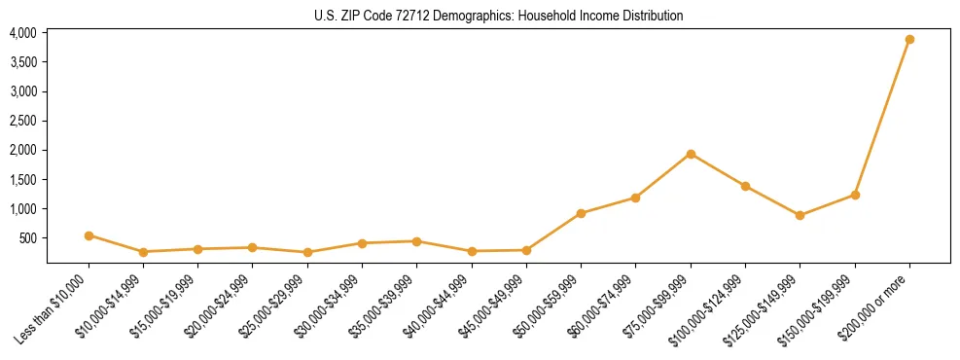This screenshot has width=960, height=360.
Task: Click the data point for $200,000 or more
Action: [x=909, y=40]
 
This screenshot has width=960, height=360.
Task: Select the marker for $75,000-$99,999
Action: [x=691, y=154]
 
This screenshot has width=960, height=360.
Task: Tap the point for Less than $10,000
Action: [x=89, y=235]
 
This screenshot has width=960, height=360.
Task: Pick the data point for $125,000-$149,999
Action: [x=800, y=215]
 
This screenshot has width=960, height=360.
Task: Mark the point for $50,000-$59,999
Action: [x=581, y=213]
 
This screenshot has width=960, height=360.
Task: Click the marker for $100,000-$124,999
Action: [x=745, y=186]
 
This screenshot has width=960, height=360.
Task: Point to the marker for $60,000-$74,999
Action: [x=635, y=198]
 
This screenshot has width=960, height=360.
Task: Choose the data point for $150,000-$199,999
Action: [x=855, y=195]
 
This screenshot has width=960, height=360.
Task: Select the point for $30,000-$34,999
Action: [x=362, y=243]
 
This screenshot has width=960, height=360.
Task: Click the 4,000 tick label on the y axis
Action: [x=23, y=33]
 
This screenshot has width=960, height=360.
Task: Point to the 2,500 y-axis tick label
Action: [x=23, y=121]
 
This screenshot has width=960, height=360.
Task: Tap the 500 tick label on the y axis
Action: [x=28, y=238]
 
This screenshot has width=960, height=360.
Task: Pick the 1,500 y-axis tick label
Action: [x=23, y=180]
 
